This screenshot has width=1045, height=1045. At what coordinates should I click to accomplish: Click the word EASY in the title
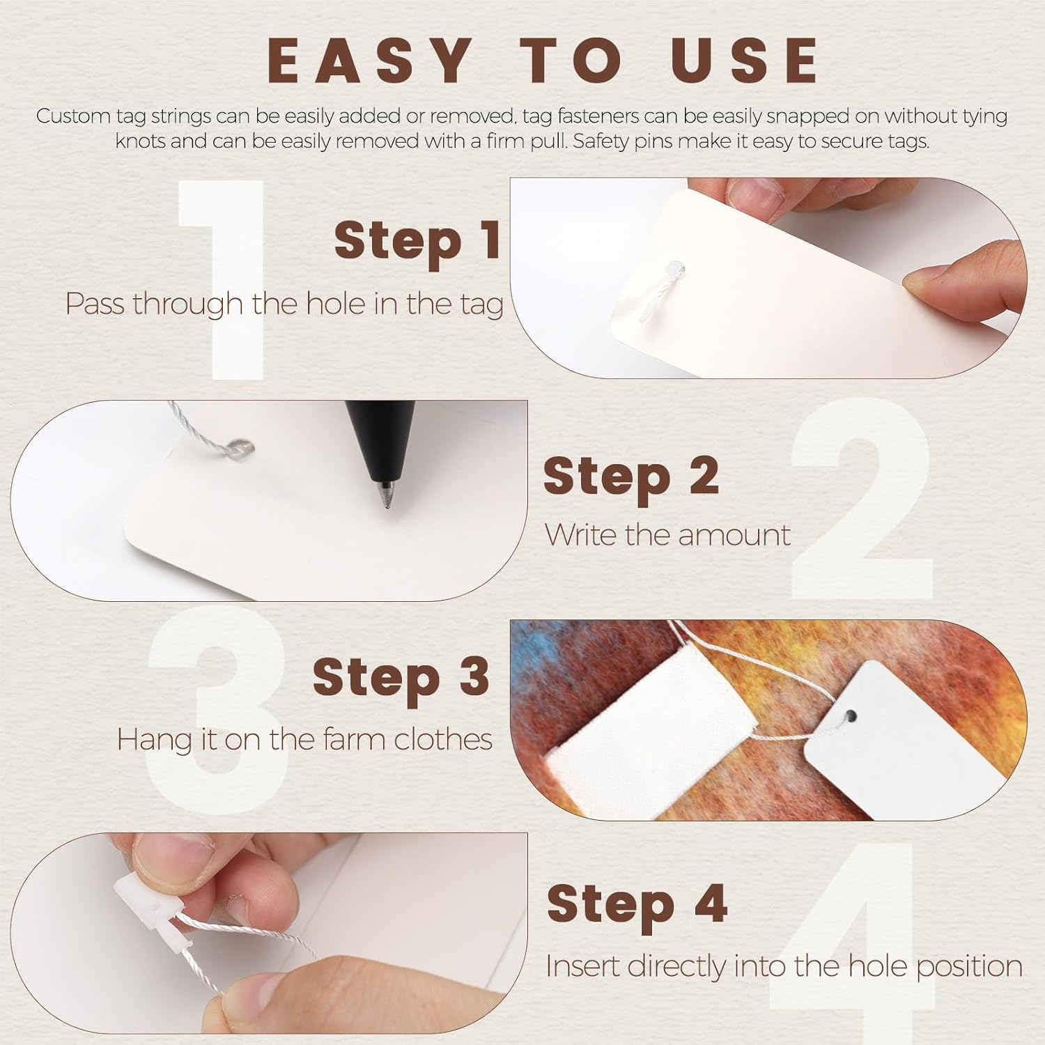point(369,60)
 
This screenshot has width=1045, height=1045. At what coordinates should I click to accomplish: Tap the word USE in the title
point(745,60)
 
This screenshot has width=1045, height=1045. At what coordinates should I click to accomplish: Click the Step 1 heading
point(418,240)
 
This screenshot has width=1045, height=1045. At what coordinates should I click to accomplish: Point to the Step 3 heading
point(401,676)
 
